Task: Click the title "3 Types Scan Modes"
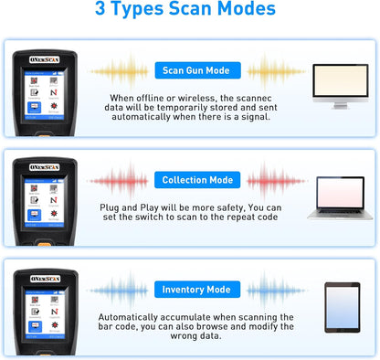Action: [x=190, y=12]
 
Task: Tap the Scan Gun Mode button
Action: [x=196, y=71]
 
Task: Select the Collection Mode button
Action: [x=196, y=180]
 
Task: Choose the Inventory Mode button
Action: [x=196, y=290]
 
